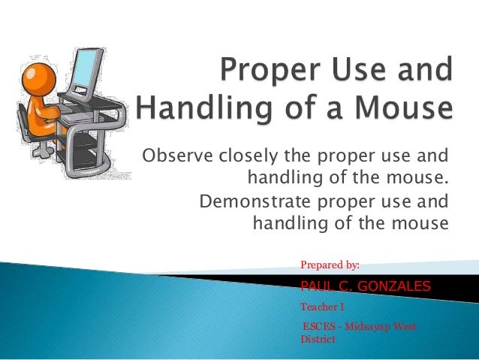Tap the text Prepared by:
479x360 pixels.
pos(330,265)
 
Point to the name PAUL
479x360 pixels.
pos(316,286)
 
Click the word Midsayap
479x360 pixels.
pos(368,327)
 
